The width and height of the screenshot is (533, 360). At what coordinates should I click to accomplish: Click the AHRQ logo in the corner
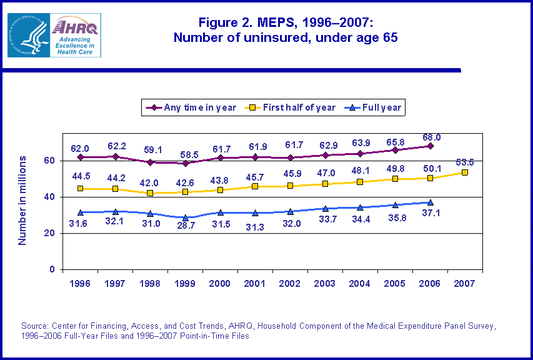tap(54, 35)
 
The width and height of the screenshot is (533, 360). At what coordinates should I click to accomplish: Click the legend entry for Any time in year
tap(194, 107)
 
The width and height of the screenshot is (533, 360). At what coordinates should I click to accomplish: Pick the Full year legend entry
tap(376, 107)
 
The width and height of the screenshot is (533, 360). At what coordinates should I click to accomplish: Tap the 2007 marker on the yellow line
tap(465, 172)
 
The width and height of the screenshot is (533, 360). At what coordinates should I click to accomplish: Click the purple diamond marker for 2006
tap(430, 146)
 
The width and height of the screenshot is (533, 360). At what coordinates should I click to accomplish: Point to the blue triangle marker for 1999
tap(185, 217)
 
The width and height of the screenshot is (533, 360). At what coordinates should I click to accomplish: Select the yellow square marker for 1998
tap(150, 193)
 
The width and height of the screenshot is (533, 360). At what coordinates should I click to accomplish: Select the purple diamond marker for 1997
tap(115, 156)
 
